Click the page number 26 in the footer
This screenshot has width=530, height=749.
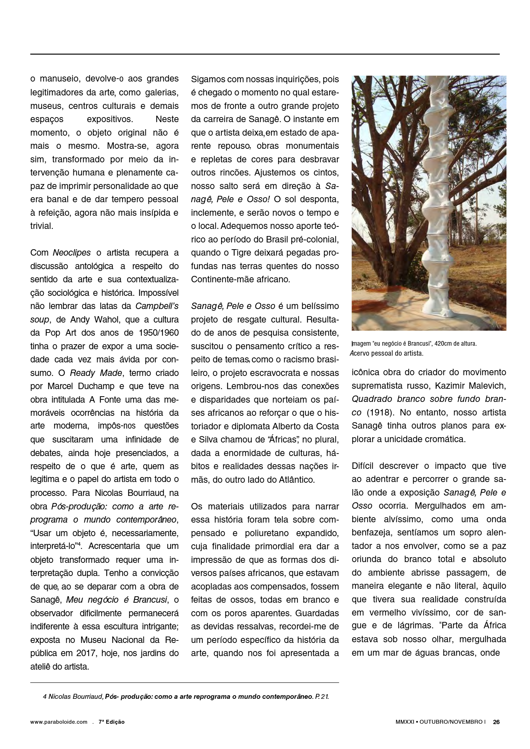click(496, 722)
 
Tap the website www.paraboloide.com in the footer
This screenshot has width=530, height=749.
click(59, 722)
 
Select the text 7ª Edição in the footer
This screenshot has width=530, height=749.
click(111, 722)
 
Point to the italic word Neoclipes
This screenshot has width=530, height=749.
click(72, 253)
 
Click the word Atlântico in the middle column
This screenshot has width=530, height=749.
click(295, 480)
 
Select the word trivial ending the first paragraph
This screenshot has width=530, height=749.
click(41, 226)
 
